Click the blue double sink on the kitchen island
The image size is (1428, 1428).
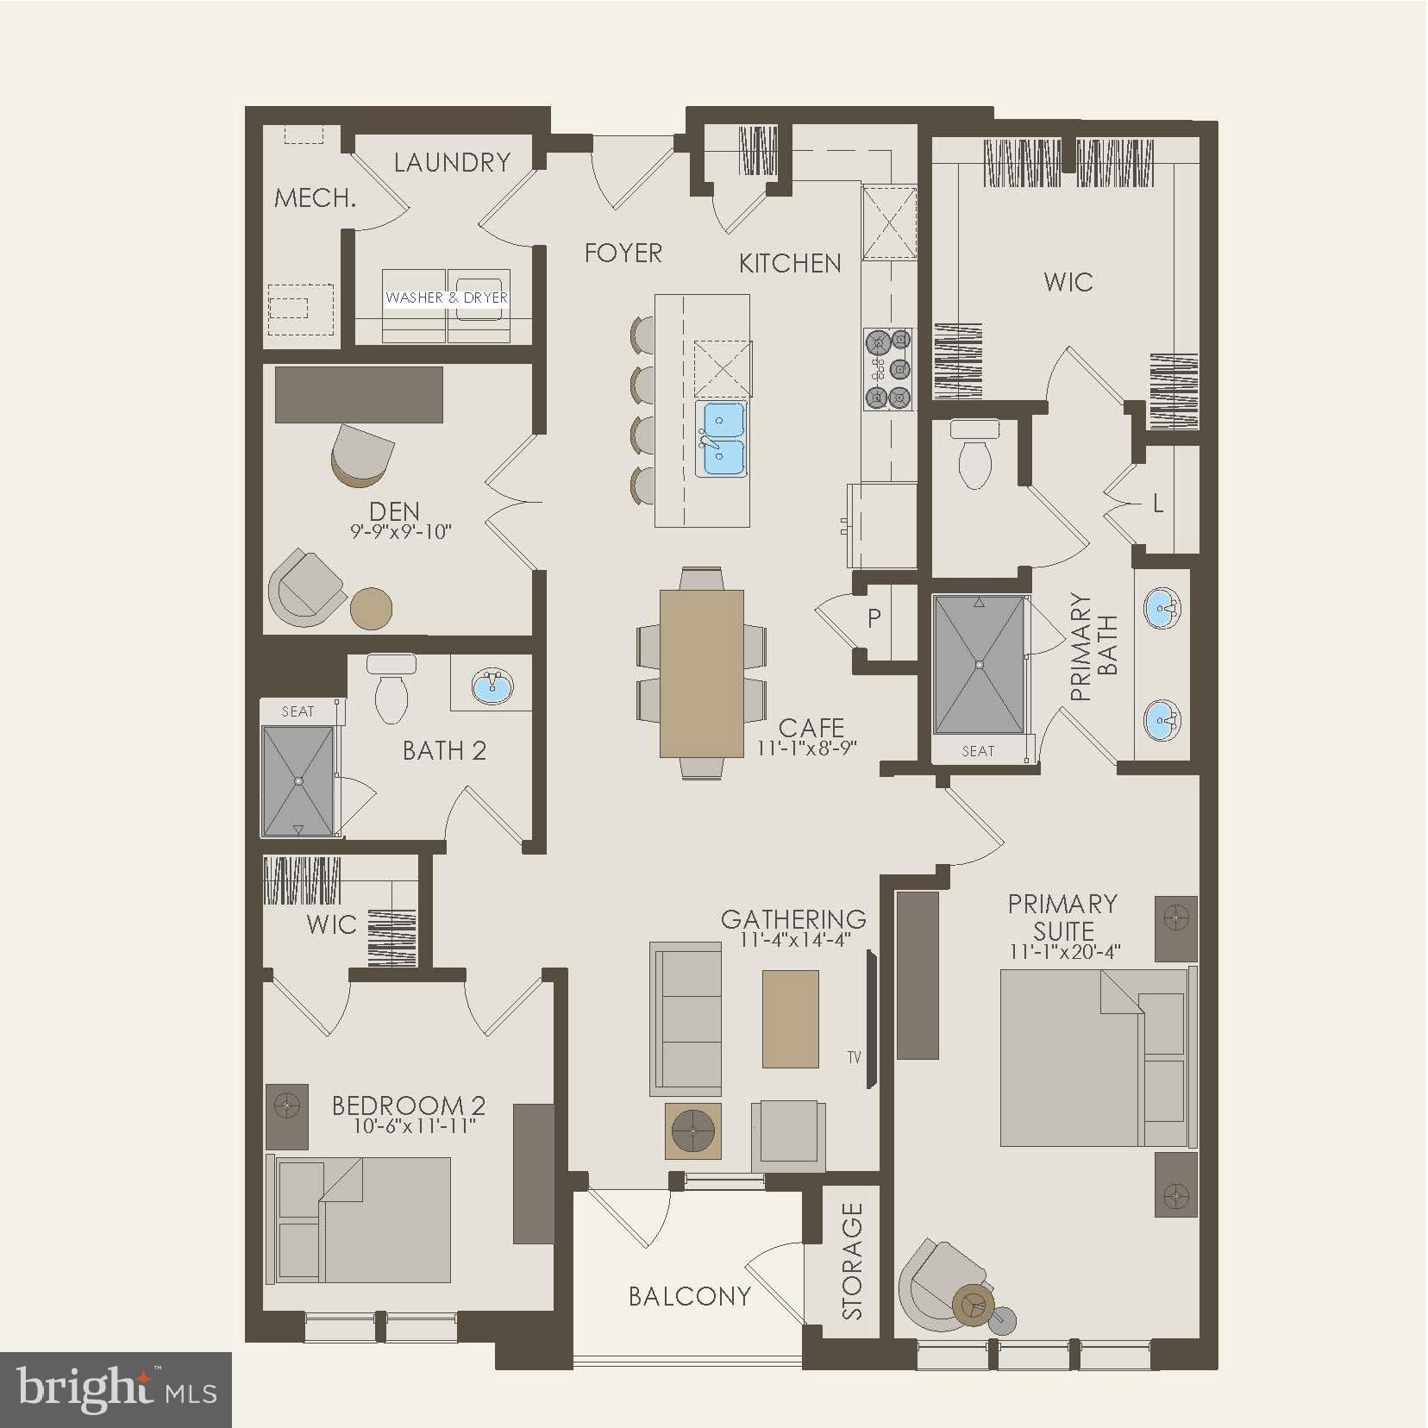[x=723, y=438]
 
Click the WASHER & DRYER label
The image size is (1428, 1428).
[x=447, y=297]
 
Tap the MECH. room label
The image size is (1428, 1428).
[x=316, y=198]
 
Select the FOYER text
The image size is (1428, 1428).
[x=623, y=253]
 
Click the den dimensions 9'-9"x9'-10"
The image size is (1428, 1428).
[x=400, y=532]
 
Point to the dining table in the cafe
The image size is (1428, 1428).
[x=701, y=673]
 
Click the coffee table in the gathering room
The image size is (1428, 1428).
[x=790, y=1018]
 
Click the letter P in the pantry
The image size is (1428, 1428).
[x=874, y=617]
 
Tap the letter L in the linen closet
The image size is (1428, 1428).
[x=1158, y=504]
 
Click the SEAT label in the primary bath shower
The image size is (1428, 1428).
[x=978, y=751]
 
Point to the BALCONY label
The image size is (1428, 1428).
[x=689, y=1296]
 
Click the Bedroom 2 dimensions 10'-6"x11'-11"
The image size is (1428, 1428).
[x=415, y=1127]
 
